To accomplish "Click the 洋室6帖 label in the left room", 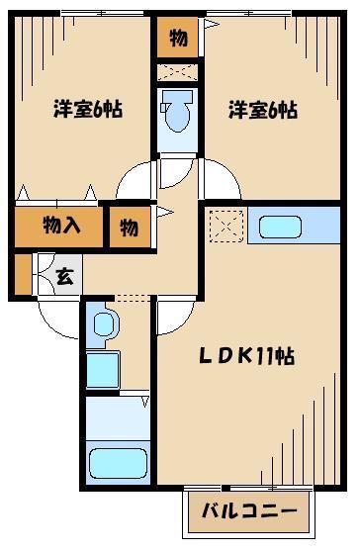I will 87,111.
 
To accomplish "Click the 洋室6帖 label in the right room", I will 261,111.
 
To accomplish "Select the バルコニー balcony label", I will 249,511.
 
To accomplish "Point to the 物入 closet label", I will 60,227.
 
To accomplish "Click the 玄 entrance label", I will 63,278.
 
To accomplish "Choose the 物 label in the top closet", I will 177,38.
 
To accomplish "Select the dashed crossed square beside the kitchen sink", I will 226,227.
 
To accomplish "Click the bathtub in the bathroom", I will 117,463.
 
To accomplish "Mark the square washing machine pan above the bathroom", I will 103,369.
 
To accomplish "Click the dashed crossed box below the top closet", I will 178,72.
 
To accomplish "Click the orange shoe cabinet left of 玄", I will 23,276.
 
